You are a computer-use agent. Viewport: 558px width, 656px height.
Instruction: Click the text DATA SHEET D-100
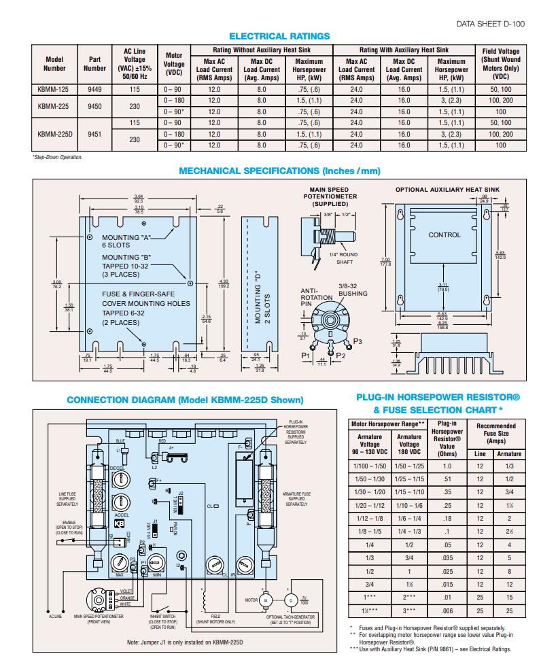coord(490,23)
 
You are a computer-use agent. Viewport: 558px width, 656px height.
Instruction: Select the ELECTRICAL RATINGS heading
coord(279,36)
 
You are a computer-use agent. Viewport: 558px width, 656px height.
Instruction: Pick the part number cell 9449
coord(94,89)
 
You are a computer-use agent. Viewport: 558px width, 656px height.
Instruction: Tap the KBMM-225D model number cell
coord(55,134)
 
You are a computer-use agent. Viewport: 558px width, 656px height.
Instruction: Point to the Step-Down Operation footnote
coord(58,157)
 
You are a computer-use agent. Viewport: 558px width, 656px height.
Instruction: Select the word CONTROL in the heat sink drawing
coord(444,235)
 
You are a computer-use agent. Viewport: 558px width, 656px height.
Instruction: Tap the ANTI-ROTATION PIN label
coord(316,297)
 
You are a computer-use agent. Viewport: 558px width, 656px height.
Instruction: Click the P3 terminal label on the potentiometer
coord(358,341)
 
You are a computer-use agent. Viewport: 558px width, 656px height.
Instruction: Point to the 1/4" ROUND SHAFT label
coord(343,258)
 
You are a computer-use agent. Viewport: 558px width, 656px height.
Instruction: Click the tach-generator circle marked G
coord(291,600)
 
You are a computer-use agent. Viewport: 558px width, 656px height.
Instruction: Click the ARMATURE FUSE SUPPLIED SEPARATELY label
coord(297,499)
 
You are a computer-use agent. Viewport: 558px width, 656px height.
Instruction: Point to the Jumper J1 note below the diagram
coord(185,642)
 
